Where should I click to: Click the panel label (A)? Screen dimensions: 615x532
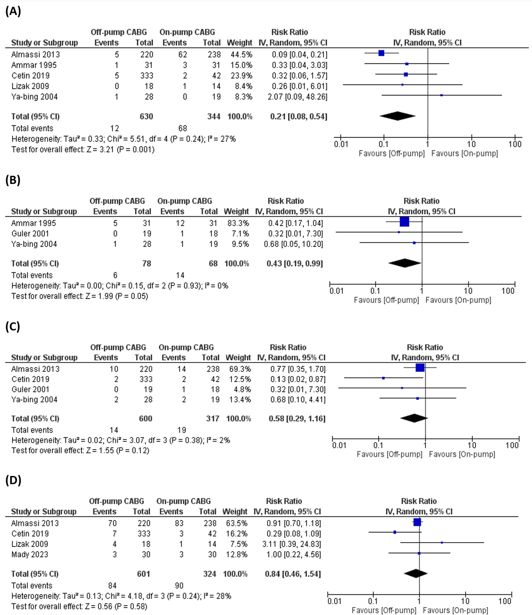pos(13,12)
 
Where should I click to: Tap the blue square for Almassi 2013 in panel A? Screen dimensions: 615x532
pos(381,53)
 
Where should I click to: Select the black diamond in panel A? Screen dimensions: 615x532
pos(397,116)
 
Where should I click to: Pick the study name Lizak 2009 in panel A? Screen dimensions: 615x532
pos(30,86)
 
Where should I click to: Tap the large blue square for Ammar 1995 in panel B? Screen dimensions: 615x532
pos(404,222)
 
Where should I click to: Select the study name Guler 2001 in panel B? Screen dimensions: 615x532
pos(30,234)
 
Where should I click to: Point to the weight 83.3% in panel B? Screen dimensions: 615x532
pos(236,223)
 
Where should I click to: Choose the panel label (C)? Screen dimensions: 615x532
pos(13,326)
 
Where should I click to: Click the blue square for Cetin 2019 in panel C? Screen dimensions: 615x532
pos(383,378)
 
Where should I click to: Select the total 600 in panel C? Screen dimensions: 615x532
pos(145,419)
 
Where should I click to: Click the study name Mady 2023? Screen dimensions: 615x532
pos(30,554)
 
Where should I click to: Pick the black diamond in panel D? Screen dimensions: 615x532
pos(416,574)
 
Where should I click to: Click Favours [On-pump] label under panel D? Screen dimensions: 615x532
pos(455,610)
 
